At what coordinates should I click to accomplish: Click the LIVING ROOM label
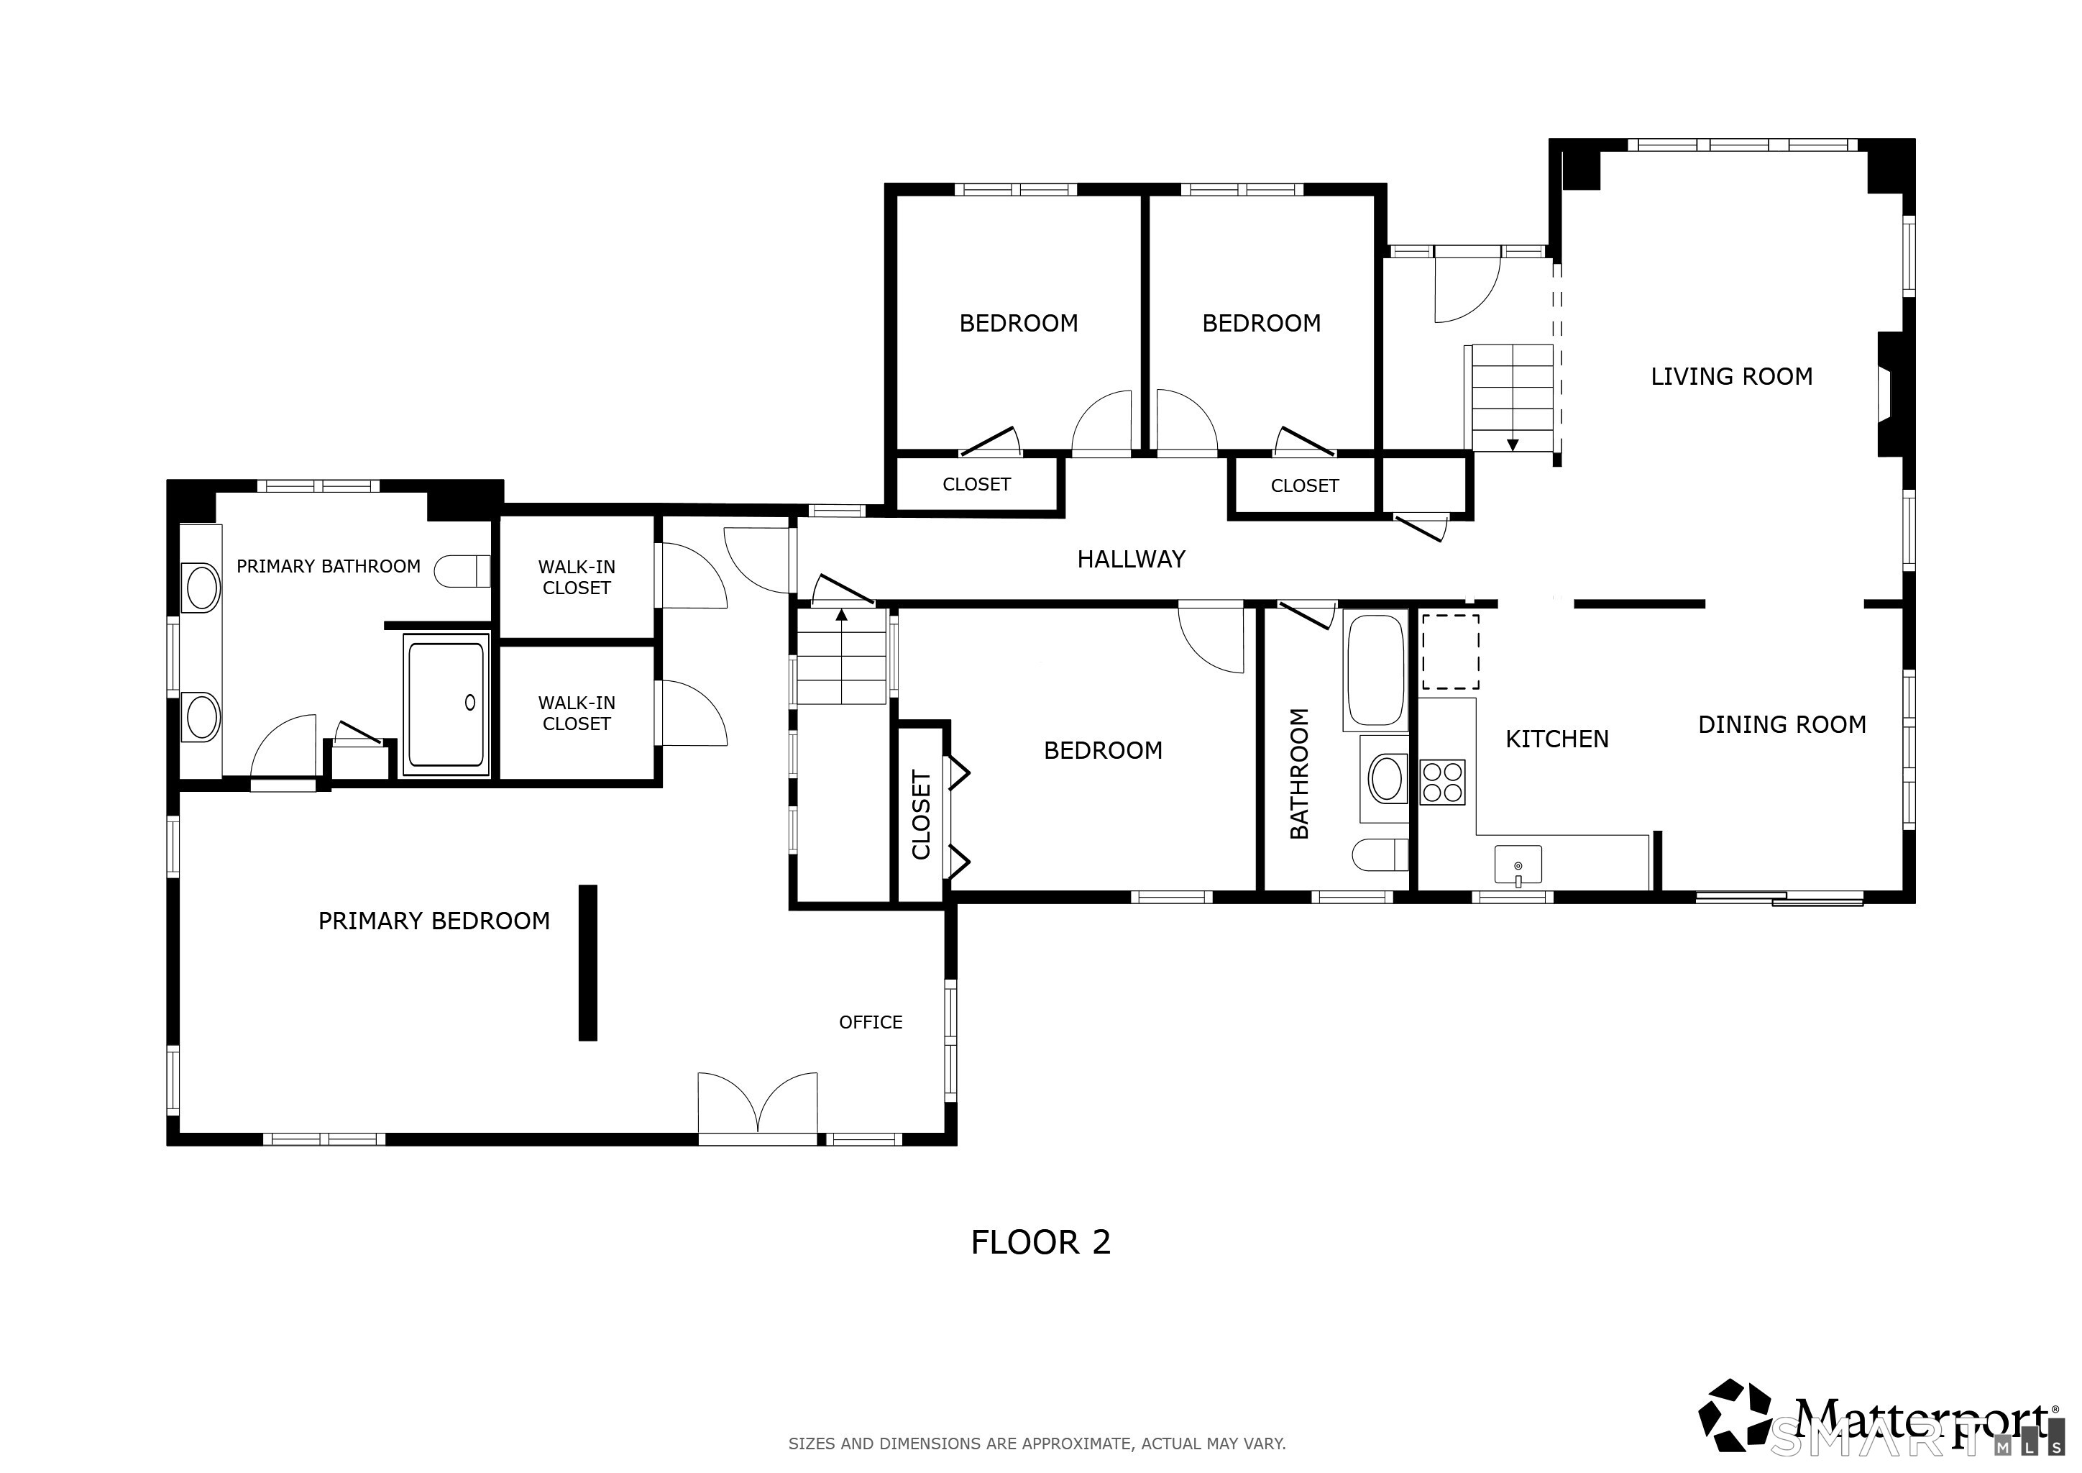[x=1731, y=376]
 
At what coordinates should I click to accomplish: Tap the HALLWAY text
[x=1131, y=560]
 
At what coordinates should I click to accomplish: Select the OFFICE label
[x=871, y=1022]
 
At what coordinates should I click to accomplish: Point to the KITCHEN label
[x=1557, y=739]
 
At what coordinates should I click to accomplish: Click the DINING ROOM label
[x=1782, y=725]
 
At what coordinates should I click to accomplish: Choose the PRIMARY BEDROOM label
[x=434, y=921]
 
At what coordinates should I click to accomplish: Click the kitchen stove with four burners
[x=1443, y=782]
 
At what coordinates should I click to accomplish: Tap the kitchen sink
[x=1518, y=865]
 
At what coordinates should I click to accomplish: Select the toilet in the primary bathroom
[x=462, y=571]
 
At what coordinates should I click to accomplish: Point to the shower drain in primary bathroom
[x=469, y=702]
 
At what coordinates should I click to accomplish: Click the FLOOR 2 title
[x=1041, y=1241]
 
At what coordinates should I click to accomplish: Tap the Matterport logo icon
[x=1735, y=1425]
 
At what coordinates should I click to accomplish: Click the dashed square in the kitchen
[x=1450, y=652]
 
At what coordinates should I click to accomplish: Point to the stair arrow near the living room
[x=1513, y=444]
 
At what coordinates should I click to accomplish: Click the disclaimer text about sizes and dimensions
[x=1037, y=1443]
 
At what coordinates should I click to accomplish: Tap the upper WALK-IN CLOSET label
[x=577, y=577]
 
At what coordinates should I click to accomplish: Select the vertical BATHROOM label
[x=1298, y=772]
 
